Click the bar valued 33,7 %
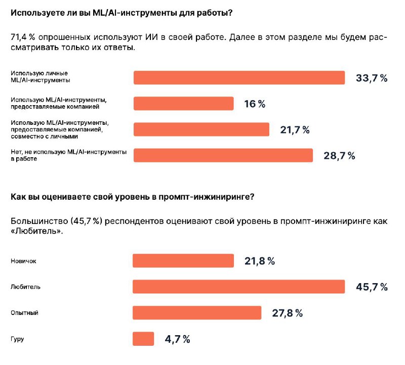click(239, 78)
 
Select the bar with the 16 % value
click(184, 104)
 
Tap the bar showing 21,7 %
click(201, 129)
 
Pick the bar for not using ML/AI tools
click(223, 155)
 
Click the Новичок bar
click(183, 260)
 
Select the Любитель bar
click(239, 287)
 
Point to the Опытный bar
click(197, 312)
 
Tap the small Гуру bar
click(143, 339)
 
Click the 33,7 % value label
click(372, 78)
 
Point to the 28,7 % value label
click(339, 156)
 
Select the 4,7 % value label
click(178, 339)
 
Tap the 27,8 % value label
click(288, 313)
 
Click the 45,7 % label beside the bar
click(372, 287)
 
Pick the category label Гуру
click(17, 339)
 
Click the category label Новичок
click(23, 261)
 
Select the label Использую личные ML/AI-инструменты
click(40, 77)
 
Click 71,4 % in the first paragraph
click(23, 37)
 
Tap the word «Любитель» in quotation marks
click(37, 231)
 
